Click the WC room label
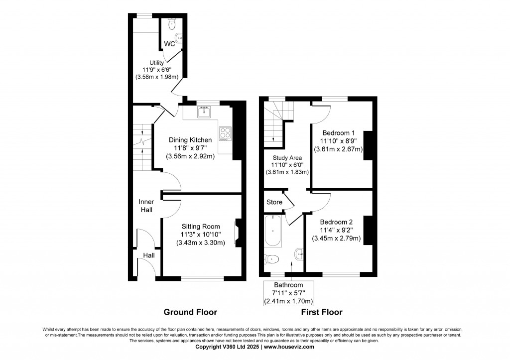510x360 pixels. point(170,44)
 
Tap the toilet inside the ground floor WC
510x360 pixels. point(172,23)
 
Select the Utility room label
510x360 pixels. point(149,62)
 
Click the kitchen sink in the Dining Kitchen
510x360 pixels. point(204,113)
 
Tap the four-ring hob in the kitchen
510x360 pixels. point(225,132)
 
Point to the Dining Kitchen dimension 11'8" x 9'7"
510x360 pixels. point(190,148)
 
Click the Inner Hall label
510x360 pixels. point(146,206)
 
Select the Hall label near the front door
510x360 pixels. point(149,255)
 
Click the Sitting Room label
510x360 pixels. point(201,227)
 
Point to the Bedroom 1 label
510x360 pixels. point(339,133)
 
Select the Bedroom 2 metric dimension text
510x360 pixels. point(337,239)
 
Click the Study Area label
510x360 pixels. point(286,157)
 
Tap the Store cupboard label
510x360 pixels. point(274,202)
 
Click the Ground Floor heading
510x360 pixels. point(190,312)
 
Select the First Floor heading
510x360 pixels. point(321,312)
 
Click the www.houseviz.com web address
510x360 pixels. point(289,347)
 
